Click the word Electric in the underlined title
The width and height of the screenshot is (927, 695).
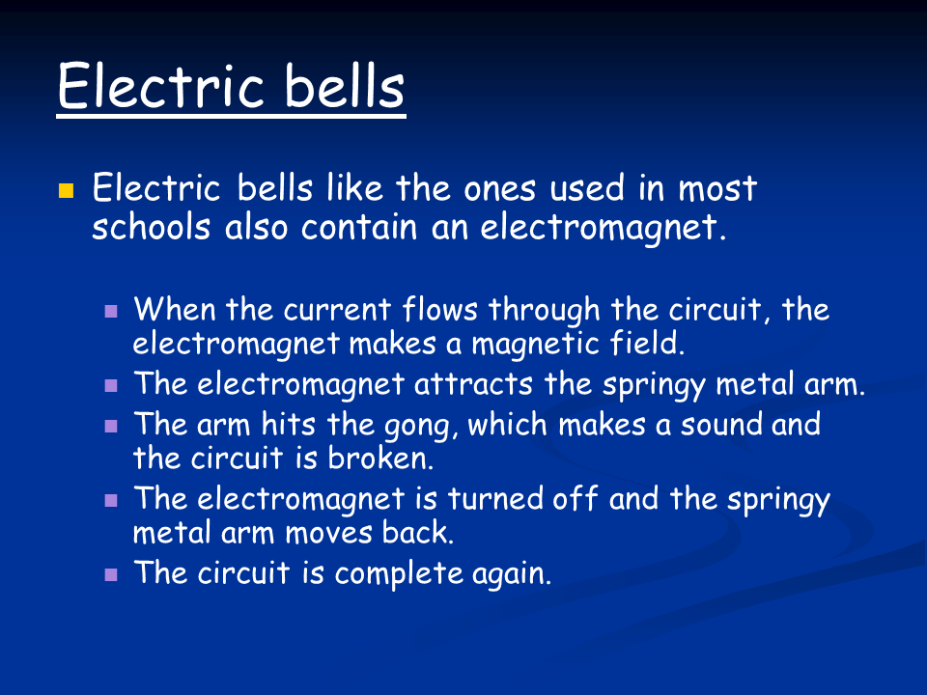158,86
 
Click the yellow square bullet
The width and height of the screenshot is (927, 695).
67,189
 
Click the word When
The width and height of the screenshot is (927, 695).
177,311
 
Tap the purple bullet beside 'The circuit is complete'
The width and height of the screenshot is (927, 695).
111,573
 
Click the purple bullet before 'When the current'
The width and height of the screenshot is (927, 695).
111,312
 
